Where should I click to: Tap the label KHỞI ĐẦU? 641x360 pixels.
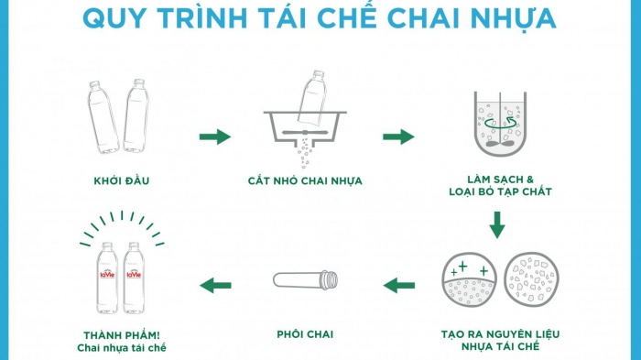tap(121, 180)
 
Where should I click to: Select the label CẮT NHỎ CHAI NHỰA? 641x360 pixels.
tap(305, 180)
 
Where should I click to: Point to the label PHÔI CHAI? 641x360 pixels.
tap(305, 334)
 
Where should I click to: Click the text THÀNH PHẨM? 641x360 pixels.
tap(121, 334)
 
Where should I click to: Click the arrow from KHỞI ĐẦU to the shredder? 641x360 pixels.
tap(215, 137)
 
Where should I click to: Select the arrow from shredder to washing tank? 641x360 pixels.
tap(398, 137)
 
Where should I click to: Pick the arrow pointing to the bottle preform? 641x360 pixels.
tap(399, 285)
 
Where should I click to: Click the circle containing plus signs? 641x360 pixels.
tap(469, 279)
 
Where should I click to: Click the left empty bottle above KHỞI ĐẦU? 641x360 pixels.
tap(103, 118)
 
